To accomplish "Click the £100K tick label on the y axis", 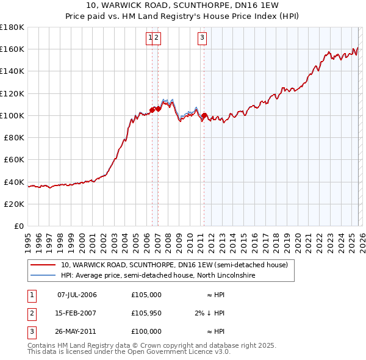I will click(x=12, y=115).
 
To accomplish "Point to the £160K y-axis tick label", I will click(x=12, y=49).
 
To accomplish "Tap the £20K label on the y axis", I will click(x=14, y=204).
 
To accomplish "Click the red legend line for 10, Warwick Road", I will click(x=43, y=265).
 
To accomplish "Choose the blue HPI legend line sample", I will click(x=43, y=276).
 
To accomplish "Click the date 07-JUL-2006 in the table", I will click(x=77, y=295).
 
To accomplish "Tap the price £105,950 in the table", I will click(x=146, y=313).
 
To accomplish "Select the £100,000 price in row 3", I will click(x=146, y=331).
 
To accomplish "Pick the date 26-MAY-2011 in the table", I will click(x=77, y=331).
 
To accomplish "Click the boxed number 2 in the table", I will click(x=31, y=313).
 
